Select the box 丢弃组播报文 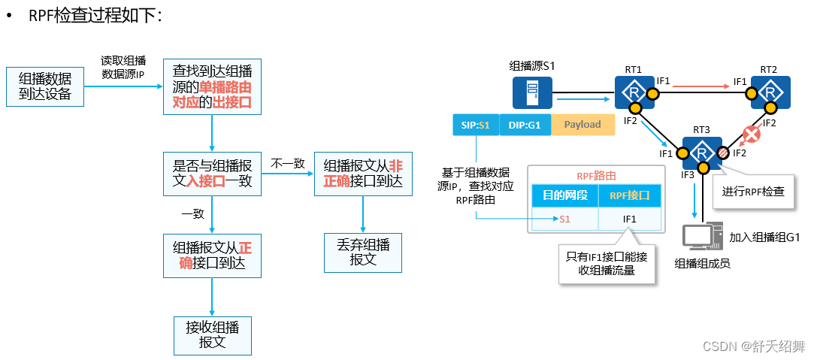tap(363, 252)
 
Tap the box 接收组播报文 tap(211, 335)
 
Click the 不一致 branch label tap(287, 162)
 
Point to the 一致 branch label tap(193, 213)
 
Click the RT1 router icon tap(633, 92)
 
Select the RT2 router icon tap(767, 92)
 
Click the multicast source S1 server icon tap(532, 93)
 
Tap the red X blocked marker tap(749, 135)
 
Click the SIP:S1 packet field tap(475, 125)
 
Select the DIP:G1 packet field tap(524, 125)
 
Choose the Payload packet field tap(582, 125)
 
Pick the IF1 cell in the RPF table tap(630, 219)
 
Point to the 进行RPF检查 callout tap(753, 191)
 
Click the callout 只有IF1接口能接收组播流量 tap(607, 264)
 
